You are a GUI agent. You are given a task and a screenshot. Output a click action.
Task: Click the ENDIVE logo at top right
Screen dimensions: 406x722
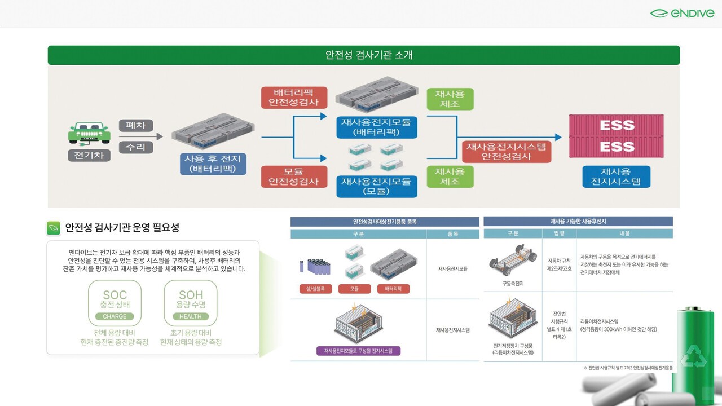681,13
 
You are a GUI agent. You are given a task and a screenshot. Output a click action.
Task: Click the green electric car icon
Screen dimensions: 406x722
89,133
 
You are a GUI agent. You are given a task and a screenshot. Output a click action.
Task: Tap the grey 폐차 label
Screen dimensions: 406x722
135,125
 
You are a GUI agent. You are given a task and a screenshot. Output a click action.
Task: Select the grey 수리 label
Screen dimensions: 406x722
135,147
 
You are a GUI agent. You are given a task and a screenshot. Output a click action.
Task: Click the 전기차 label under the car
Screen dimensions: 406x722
89,155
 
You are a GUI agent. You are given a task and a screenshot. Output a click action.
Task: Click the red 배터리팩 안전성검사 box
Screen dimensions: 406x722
294,97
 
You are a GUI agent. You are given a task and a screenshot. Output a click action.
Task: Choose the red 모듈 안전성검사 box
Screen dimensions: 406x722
294,176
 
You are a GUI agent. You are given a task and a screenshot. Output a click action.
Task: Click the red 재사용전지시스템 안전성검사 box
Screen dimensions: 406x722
507,151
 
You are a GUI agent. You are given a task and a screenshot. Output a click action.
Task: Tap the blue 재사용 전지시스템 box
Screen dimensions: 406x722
616,176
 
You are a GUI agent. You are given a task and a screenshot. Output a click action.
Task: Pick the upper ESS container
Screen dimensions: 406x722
617,126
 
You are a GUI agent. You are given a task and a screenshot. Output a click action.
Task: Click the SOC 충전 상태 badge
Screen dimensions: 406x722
115,303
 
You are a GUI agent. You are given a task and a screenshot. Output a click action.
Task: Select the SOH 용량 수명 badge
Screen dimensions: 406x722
191,303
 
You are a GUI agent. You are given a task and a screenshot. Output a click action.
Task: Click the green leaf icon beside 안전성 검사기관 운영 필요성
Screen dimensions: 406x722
54,228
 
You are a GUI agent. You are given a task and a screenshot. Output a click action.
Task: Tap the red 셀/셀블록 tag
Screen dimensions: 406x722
316,289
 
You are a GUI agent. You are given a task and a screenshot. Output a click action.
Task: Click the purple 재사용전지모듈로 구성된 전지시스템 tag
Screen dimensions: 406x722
358,351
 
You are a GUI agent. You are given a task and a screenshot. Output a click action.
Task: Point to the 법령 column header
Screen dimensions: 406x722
558,233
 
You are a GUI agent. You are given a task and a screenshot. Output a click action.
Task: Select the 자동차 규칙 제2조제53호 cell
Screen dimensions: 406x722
558,264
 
